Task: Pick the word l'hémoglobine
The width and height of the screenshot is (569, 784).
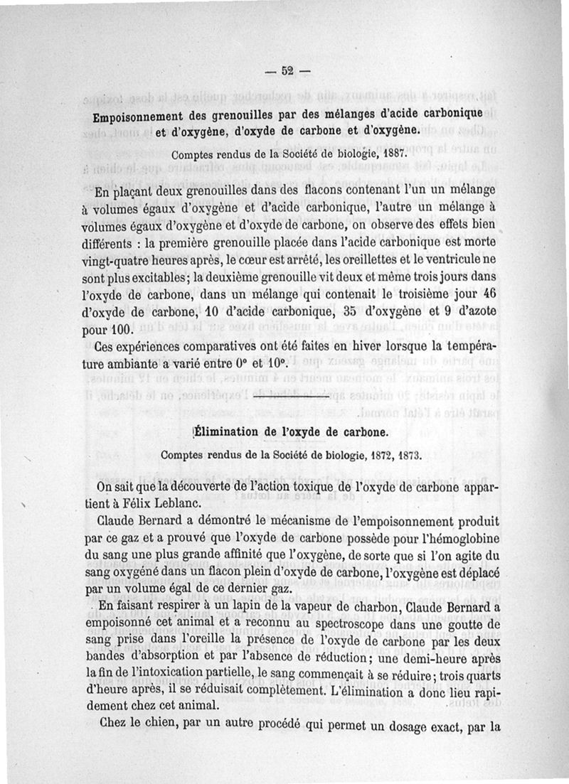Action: tap(448, 537)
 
